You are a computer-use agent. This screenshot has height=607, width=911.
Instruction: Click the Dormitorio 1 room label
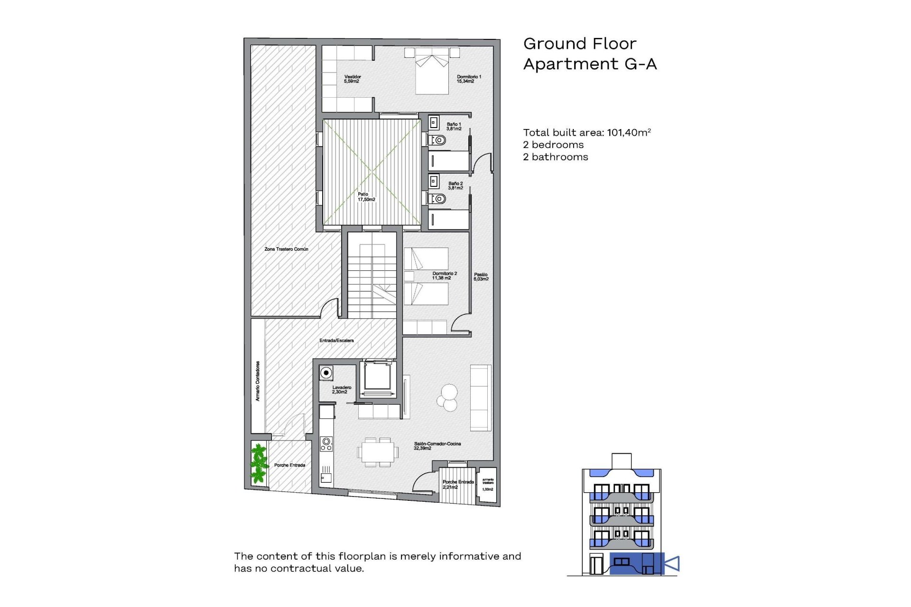pos(468,79)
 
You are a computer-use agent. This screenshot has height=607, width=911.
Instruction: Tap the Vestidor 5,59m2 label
pos(352,79)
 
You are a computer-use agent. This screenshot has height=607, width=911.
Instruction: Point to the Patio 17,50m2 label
pos(366,197)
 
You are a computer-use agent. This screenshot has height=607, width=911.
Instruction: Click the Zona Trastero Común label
pos(286,249)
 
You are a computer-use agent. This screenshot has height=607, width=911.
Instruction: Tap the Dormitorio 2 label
pos(444,276)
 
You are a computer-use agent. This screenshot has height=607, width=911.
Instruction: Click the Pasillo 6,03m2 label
pos(481,276)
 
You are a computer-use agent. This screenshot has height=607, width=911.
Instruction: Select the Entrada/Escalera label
pos(336,340)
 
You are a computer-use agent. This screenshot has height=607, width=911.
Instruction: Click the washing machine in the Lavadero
pos(326,373)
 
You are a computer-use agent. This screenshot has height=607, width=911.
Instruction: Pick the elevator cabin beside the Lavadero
pos(378,377)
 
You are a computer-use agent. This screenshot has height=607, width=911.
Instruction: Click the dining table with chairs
pos(378,452)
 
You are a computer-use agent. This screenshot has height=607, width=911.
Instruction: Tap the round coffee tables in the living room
pos(447,397)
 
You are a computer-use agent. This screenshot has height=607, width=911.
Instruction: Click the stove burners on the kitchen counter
pos(326,444)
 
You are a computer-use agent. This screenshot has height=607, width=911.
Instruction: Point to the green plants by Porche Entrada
pos(258,463)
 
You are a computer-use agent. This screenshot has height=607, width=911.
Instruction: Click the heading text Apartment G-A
pos(589,64)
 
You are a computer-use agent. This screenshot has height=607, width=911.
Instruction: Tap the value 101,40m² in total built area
pos(629,132)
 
